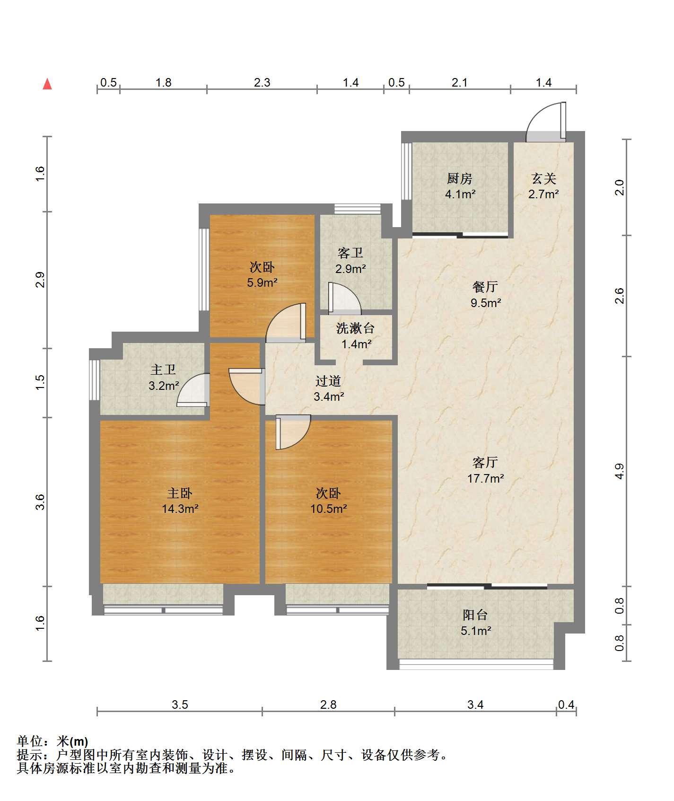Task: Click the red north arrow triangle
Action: click(47, 84)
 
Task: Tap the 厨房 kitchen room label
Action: click(460, 178)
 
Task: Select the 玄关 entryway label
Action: click(543, 178)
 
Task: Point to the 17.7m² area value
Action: click(486, 478)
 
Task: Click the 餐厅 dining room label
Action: click(485, 287)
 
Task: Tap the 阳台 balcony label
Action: click(475, 615)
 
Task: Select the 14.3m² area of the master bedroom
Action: click(180, 509)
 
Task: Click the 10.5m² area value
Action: click(329, 509)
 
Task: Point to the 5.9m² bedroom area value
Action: click(262, 283)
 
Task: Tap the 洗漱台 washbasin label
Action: click(356, 328)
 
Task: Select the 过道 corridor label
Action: click(328, 381)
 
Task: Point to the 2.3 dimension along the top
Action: click(262, 83)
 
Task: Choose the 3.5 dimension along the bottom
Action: click(180, 705)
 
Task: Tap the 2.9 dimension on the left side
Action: click(40, 280)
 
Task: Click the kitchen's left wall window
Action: click(406, 171)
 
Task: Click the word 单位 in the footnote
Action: click(29, 741)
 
